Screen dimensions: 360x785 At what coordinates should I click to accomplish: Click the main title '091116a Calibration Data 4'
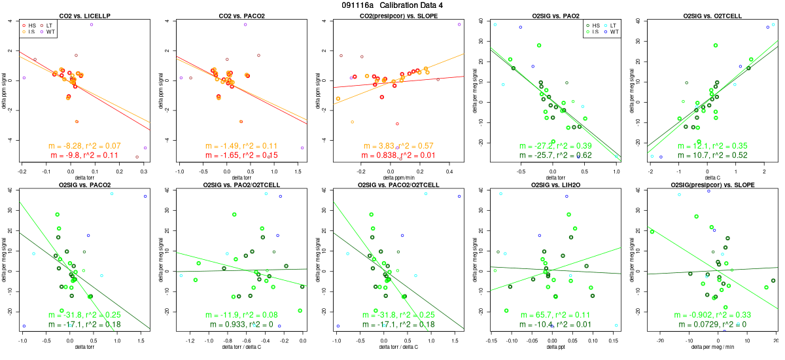(392, 5)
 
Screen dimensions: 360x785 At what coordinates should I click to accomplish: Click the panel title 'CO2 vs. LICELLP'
(84, 15)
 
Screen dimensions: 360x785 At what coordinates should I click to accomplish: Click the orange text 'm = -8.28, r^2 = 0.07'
(84, 145)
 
